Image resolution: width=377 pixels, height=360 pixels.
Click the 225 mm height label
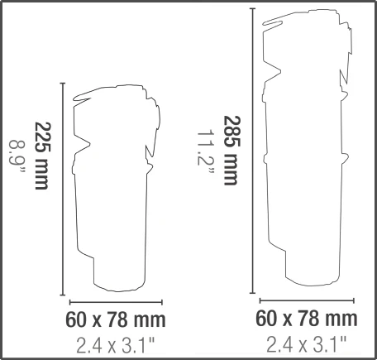pos(43,156)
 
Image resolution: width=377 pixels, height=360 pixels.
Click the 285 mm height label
pos(231,151)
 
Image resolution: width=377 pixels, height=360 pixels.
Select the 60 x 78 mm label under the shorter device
pos(116,319)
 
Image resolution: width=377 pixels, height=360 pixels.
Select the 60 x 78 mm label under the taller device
pos(307,319)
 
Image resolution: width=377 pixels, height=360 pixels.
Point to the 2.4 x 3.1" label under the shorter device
pos(115,346)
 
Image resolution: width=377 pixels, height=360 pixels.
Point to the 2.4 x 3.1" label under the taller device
pos(306,344)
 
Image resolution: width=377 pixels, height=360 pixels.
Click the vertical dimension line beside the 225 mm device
pos(63,189)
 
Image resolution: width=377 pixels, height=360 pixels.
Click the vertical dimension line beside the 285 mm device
pos(252,151)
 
